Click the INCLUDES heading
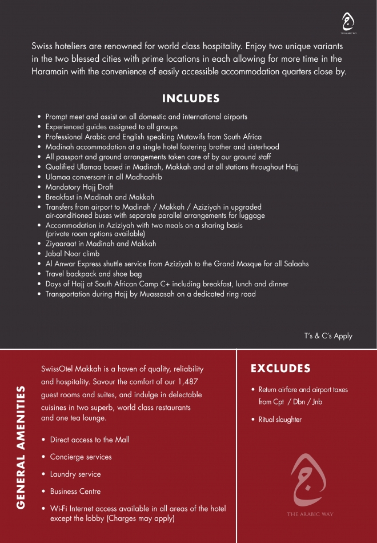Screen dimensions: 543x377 (191, 99)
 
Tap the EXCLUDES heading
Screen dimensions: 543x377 (280, 369)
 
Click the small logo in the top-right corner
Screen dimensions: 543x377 (347, 23)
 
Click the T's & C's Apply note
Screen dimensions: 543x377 (328, 336)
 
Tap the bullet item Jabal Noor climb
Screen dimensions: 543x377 (73, 254)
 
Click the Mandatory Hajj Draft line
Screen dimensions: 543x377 (79, 187)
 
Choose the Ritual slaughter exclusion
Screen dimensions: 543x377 (280, 420)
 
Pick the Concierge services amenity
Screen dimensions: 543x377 (81, 457)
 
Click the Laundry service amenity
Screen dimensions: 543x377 (75, 474)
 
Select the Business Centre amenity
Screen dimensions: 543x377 (75, 492)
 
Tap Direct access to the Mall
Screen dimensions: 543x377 (90, 440)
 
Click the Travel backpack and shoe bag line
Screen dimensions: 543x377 (94, 274)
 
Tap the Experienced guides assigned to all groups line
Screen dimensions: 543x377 (111, 127)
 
